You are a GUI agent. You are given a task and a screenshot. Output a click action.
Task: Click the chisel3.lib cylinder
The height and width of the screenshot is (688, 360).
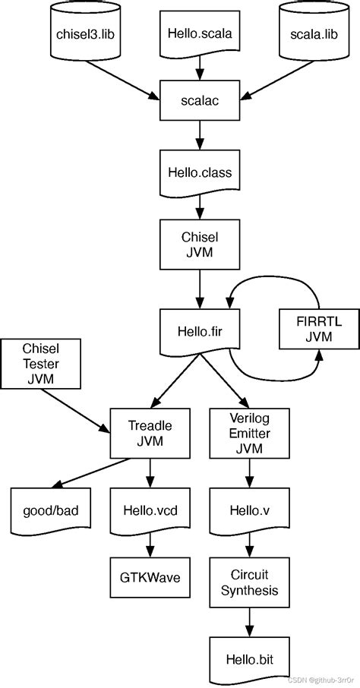coord(84,33)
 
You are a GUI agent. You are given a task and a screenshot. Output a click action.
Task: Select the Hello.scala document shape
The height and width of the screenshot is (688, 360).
coord(198,33)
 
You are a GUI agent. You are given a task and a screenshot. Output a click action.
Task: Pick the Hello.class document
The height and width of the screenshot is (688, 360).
coord(198,173)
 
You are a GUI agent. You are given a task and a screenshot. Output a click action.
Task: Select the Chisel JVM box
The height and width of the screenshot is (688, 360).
coord(198,245)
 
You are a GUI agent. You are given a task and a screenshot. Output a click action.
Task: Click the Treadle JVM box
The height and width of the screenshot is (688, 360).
coord(149,434)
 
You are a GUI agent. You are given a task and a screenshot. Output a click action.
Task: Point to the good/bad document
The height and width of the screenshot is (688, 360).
coord(47,511)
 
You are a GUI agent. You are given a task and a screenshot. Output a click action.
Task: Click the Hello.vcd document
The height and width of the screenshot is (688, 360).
coord(149,511)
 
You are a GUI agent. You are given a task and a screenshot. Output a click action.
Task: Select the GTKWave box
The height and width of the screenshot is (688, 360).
coord(149,577)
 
